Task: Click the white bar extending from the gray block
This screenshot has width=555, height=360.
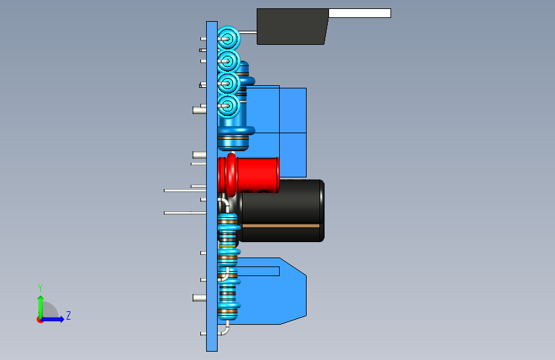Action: coord(358,13)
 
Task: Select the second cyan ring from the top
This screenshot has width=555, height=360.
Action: coord(227,61)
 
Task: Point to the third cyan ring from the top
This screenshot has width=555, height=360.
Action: coord(227,83)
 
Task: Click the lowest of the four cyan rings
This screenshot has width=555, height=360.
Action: coord(227,105)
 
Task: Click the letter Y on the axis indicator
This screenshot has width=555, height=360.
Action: coord(40,288)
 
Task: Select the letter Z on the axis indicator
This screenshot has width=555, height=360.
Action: coord(68,316)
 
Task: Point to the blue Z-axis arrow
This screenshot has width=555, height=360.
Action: coord(55,319)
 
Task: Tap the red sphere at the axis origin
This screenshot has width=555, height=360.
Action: coord(40,320)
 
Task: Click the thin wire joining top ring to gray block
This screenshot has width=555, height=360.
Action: coord(248,32)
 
